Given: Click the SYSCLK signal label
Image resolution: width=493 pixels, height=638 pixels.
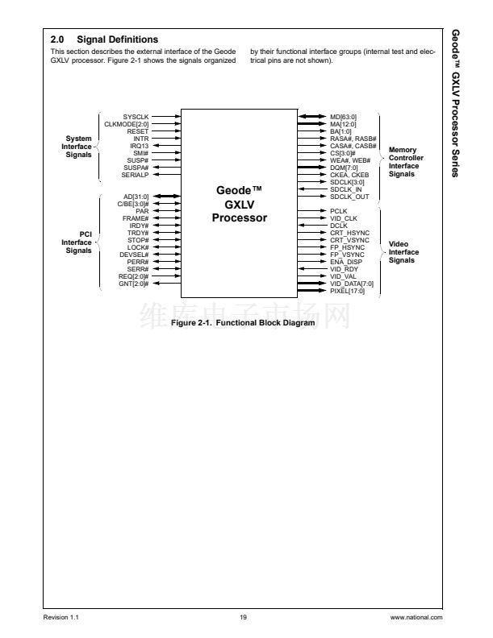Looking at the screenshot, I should pyautogui.click(x=136, y=117).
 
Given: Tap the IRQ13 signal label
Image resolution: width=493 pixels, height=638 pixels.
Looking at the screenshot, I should pyautogui.click(x=139, y=145).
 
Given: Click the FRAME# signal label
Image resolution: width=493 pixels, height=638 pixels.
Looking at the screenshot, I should pyautogui.click(x=136, y=218).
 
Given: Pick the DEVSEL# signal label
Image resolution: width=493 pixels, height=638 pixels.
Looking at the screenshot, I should pyautogui.click(x=134, y=255).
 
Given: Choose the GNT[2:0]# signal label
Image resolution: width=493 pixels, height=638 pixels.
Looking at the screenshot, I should pyautogui.click(x=133, y=284).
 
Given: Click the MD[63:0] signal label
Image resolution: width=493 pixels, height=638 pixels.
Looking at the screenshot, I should pyautogui.click(x=343, y=117).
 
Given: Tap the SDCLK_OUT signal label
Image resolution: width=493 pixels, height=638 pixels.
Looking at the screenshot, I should pyautogui.click(x=349, y=196).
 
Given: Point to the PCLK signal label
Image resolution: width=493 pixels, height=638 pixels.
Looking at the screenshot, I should pyautogui.click(x=339, y=211).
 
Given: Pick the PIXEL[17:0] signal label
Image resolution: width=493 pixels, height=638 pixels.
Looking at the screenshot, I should pyautogui.click(x=347, y=291).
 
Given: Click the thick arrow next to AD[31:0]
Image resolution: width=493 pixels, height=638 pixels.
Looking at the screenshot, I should pyautogui.click(x=166, y=197).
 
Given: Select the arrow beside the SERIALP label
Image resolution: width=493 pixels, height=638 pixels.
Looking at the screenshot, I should pyautogui.click(x=166, y=174).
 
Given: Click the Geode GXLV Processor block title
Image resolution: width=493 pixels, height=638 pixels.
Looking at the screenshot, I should pyautogui.click(x=240, y=204).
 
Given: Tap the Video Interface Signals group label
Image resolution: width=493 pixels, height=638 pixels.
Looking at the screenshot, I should pyautogui.click(x=403, y=252).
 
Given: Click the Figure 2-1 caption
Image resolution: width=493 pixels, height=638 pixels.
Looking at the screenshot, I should pyautogui.click(x=243, y=323).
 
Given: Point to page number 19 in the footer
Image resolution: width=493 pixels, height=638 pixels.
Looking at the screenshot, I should pyautogui.click(x=243, y=617).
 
